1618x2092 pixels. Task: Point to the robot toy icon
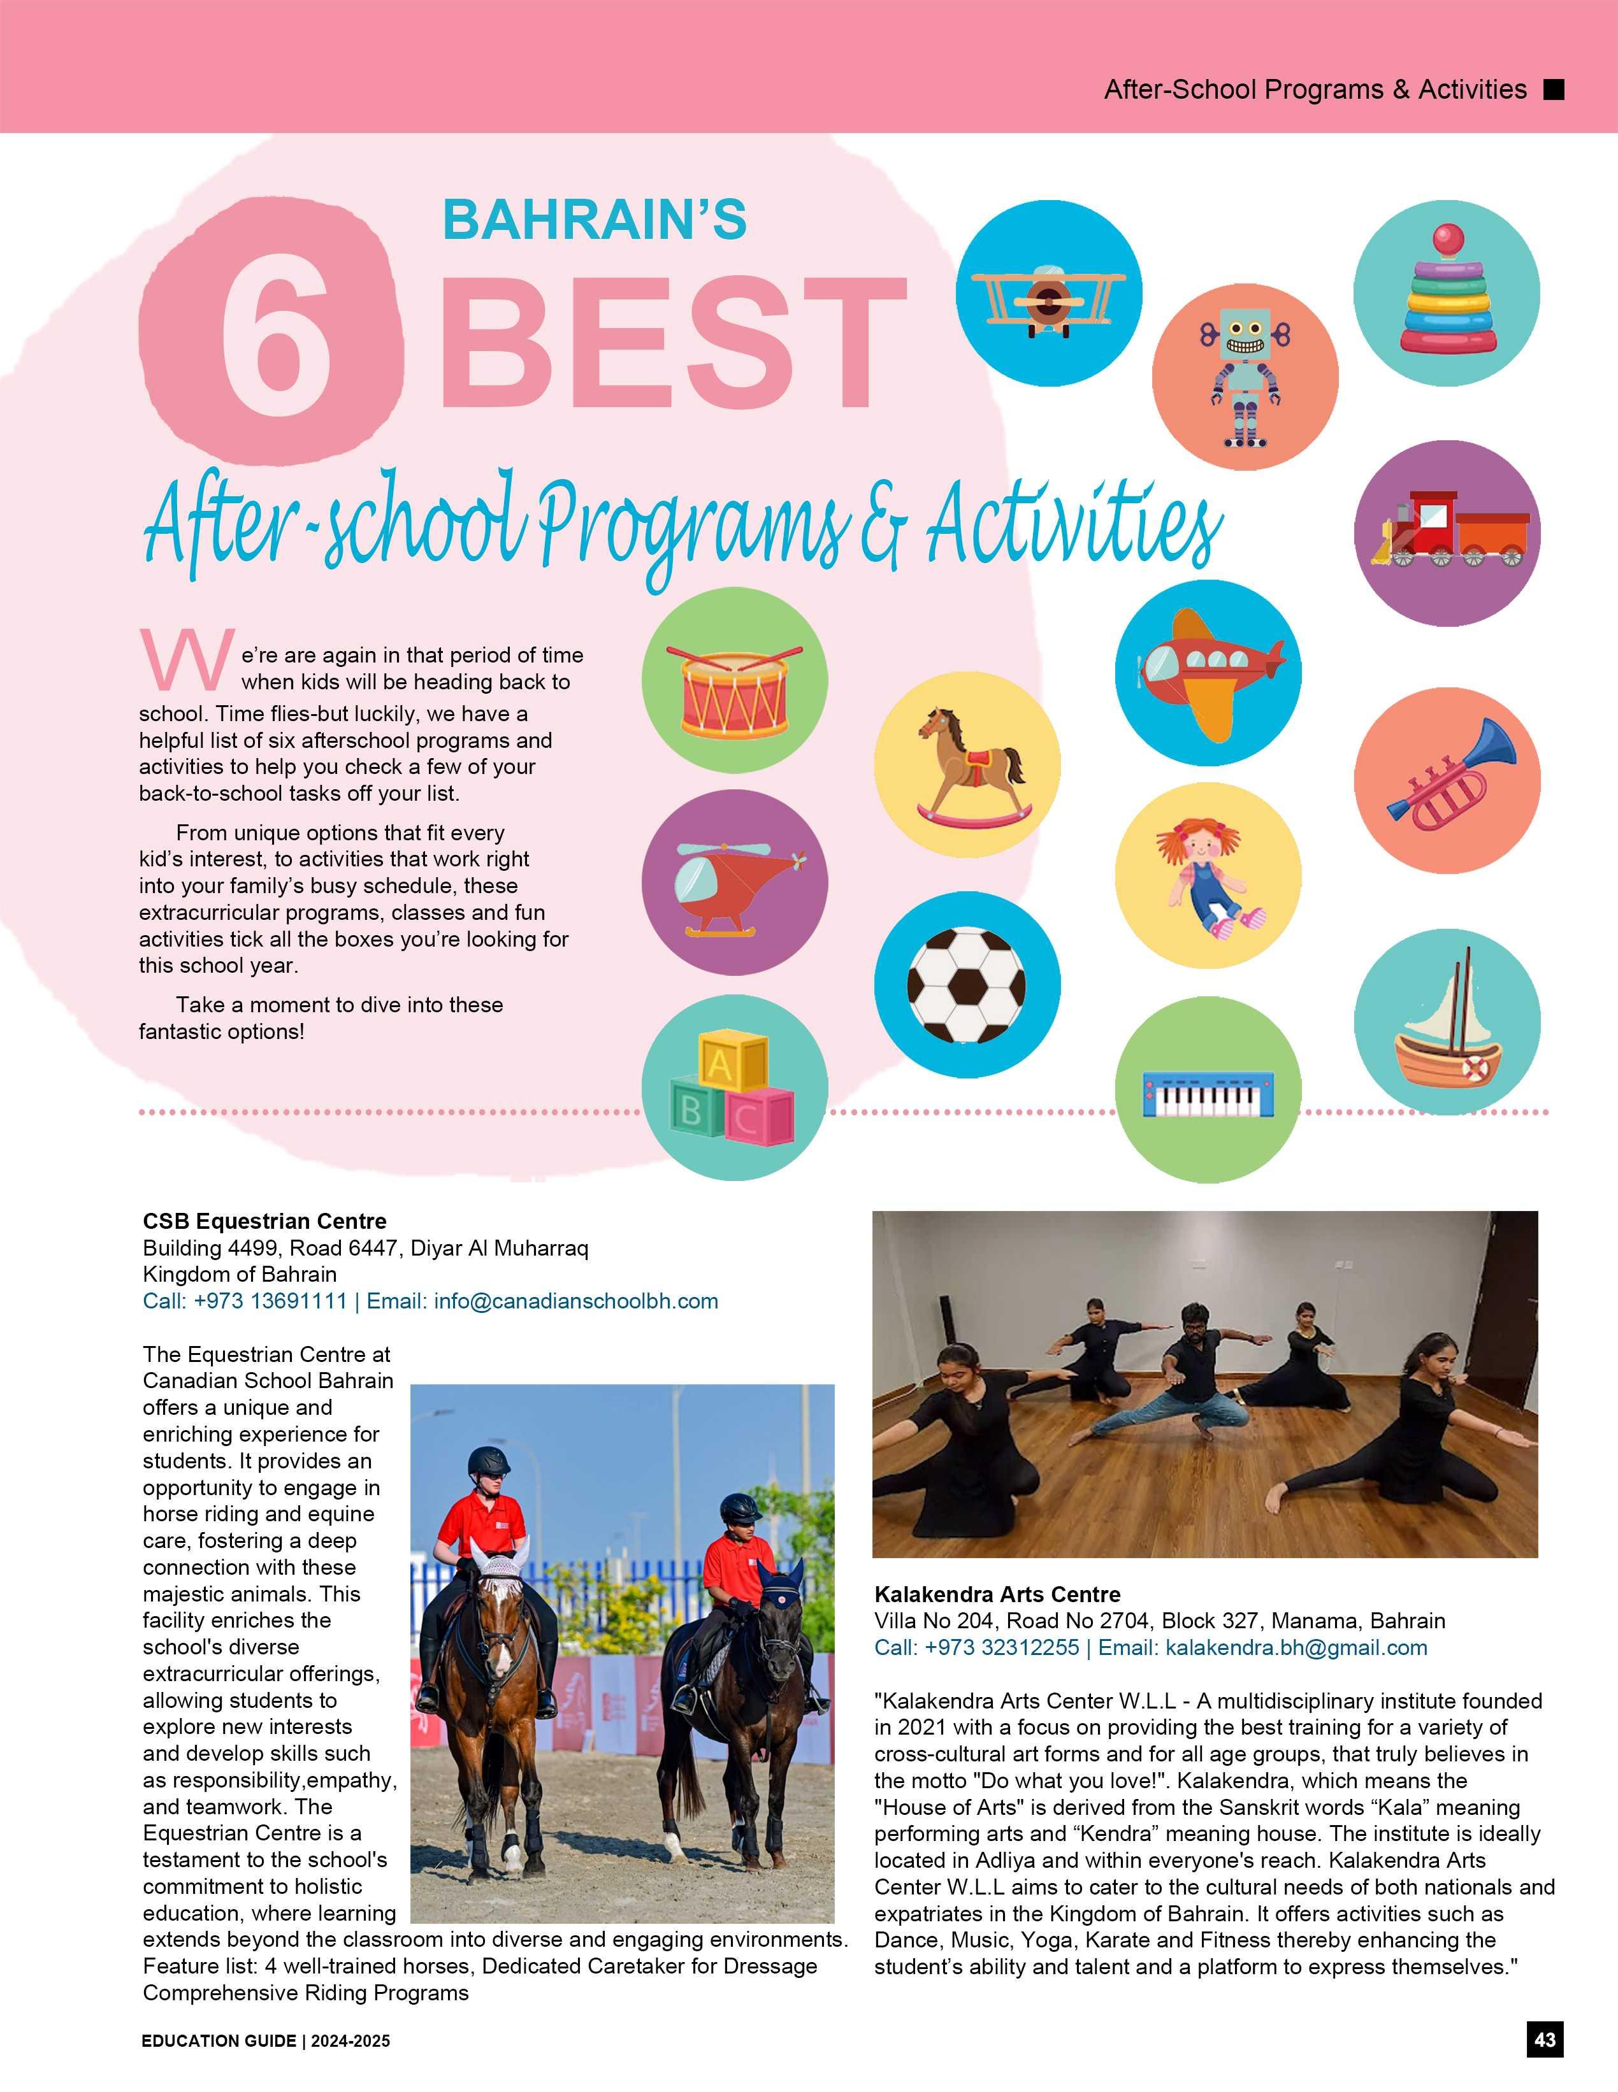click(1245, 376)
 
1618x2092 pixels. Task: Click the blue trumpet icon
click(1447, 778)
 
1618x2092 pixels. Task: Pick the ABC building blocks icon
click(733, 1088)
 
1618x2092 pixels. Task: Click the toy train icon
click(1447, 534)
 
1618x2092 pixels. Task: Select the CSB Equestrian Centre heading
click(264, 1221)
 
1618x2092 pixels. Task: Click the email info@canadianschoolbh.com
click(575, 1301)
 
